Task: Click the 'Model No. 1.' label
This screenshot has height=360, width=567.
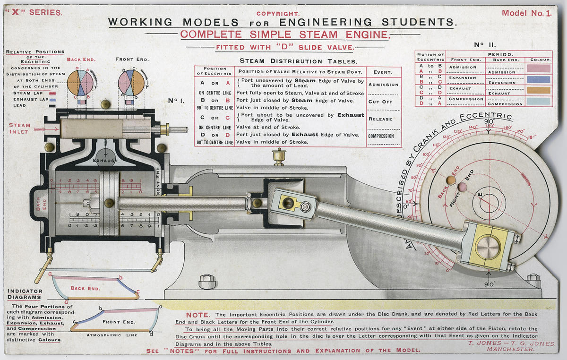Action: [526, 13]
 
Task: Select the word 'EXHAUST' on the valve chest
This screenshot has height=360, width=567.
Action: [104, 161]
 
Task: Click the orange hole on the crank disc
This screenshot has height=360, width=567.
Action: [451, 180]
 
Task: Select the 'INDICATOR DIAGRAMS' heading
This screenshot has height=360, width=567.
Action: [24, 294]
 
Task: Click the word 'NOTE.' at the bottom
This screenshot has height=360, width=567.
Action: [199, 315]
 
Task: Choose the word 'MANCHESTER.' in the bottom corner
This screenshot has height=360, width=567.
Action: [513, 350]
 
